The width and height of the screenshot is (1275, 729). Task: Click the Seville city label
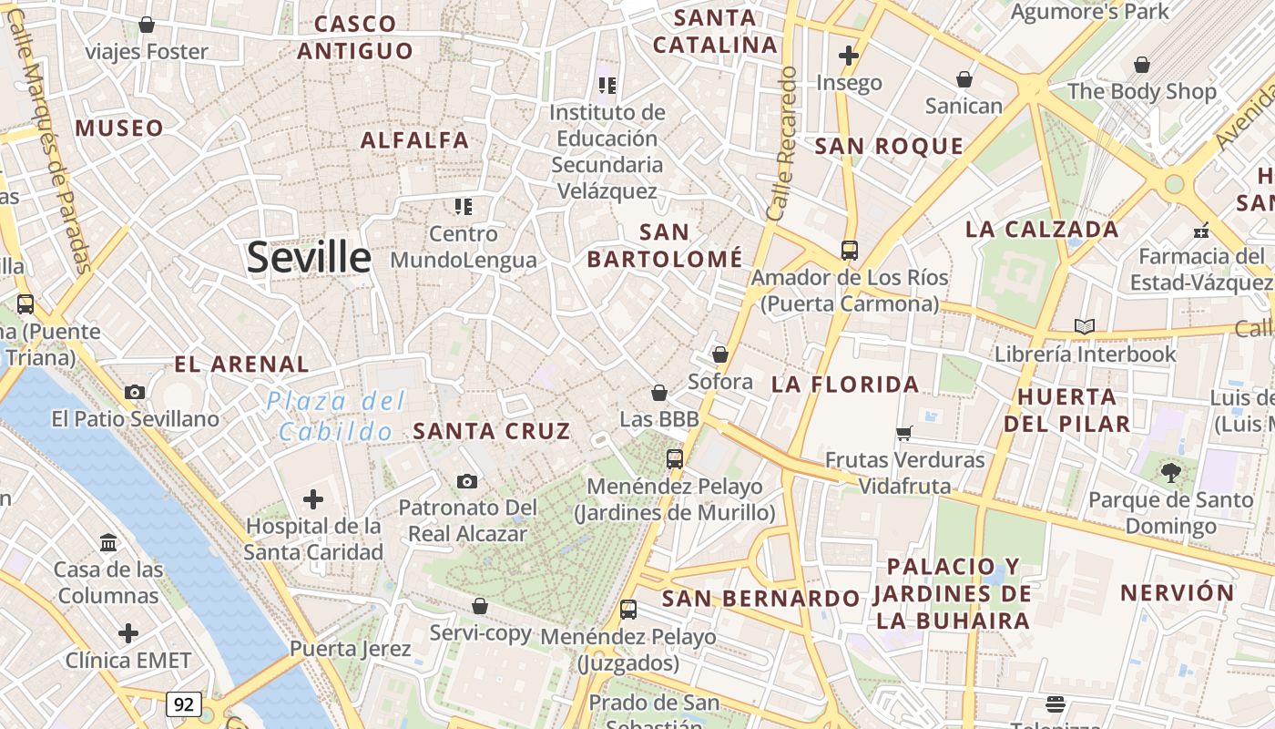[309, 258]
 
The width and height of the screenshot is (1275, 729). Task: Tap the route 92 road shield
[184, 703]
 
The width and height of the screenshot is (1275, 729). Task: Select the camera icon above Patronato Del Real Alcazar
[466, 481]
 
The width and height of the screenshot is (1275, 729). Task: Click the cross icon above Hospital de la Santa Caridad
[313, 498]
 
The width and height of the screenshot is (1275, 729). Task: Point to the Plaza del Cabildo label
[336, 416]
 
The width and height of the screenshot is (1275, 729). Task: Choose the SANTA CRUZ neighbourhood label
[492, 431]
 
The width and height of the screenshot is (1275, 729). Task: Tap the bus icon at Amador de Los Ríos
[849, 250]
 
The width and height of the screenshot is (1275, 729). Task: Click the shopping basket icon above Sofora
[720, 354]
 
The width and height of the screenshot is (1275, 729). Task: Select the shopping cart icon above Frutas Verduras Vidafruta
[904, 433]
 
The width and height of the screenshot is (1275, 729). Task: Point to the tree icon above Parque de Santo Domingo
[1170, 472]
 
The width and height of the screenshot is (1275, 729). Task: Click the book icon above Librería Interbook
[1084, 326]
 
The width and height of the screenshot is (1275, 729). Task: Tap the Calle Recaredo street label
[782, 143]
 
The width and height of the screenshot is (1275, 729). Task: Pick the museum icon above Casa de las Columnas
[109, 542]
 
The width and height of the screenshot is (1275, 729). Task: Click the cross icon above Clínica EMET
[128, 632]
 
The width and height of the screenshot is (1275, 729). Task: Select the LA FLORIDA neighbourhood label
[845, 385]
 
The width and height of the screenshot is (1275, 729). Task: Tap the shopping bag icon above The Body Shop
[1141, 65]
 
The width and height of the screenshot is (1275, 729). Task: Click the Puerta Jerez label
[351, 649]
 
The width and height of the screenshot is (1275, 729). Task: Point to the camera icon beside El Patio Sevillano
[135, 393]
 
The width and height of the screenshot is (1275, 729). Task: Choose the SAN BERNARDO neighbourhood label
[760, 599]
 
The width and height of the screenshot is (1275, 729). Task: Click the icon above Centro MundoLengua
[464, 207]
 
